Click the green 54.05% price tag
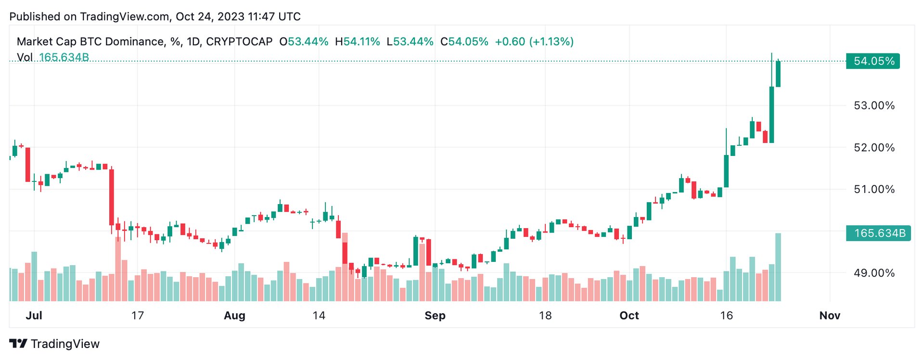click(873, 62)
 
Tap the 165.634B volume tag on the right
click(879, 233)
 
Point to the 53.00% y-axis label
click(874, 105)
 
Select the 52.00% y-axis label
click(874, 148)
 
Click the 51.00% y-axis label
click(874, 190)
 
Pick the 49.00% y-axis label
click(874, 273)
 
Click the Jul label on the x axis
click(34, 316)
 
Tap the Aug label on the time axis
click(234, 316)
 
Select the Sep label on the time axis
click(435, 316)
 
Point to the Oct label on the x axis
click(629, 316)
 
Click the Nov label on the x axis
click(830, 316)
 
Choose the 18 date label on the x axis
click(545, 316)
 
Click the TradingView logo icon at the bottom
click(18, 344)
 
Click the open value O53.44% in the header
click(304, 42)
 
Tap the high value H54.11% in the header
click(358, 42)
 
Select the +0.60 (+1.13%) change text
click(534, 42)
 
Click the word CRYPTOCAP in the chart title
click(239, 42)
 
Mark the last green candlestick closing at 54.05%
click(778, 74)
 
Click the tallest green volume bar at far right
click(778, 267)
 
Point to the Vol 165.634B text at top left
click(53, 57)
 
